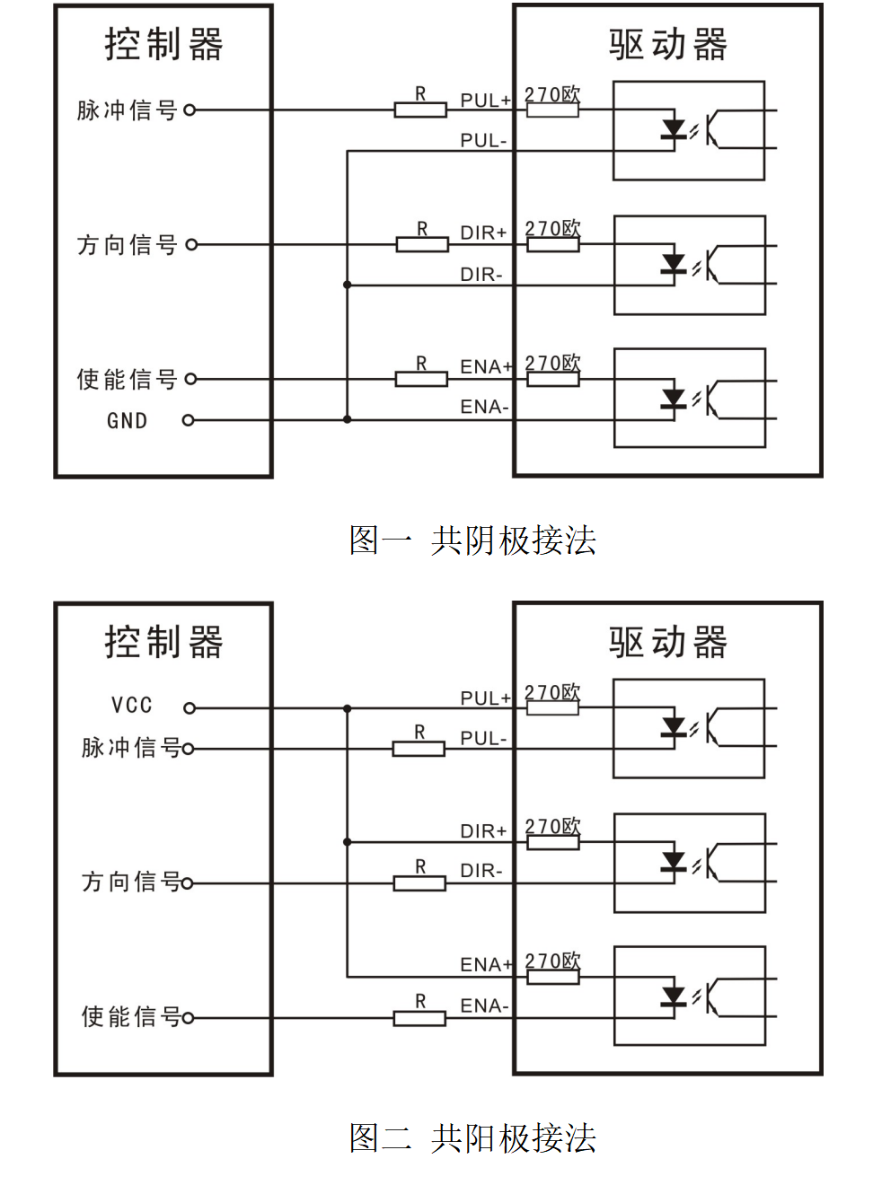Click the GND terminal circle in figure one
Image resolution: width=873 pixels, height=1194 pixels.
pos(188,420)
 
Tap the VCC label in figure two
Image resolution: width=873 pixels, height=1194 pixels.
pos(131,706)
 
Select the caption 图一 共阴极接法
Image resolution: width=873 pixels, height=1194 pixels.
pos(472,540)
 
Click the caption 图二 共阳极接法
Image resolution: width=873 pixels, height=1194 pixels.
pos(472,1138)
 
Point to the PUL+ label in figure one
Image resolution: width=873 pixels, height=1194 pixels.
pos(485,101)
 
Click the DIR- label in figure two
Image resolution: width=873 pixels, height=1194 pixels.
pos(481,871)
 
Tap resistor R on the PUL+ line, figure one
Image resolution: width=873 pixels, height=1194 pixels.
pos(420,110)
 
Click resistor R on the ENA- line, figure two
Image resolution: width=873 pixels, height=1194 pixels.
pos(419,1018)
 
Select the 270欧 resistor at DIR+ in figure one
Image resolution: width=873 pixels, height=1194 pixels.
pos(552,244)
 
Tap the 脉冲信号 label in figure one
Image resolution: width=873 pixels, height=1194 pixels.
pos(127,110)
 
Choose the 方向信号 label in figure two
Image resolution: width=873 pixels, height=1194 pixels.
pos(131,882)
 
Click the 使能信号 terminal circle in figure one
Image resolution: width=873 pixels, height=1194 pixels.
pos(190,379)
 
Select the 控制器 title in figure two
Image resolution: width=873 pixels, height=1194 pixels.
pos(163,643)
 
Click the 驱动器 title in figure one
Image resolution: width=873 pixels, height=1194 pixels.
pos(668,45)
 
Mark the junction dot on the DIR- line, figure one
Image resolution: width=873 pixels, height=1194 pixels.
pos(348,285)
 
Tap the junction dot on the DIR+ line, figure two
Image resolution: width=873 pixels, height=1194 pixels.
pos(348,842)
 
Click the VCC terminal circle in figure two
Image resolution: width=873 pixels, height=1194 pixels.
pos(189,708)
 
